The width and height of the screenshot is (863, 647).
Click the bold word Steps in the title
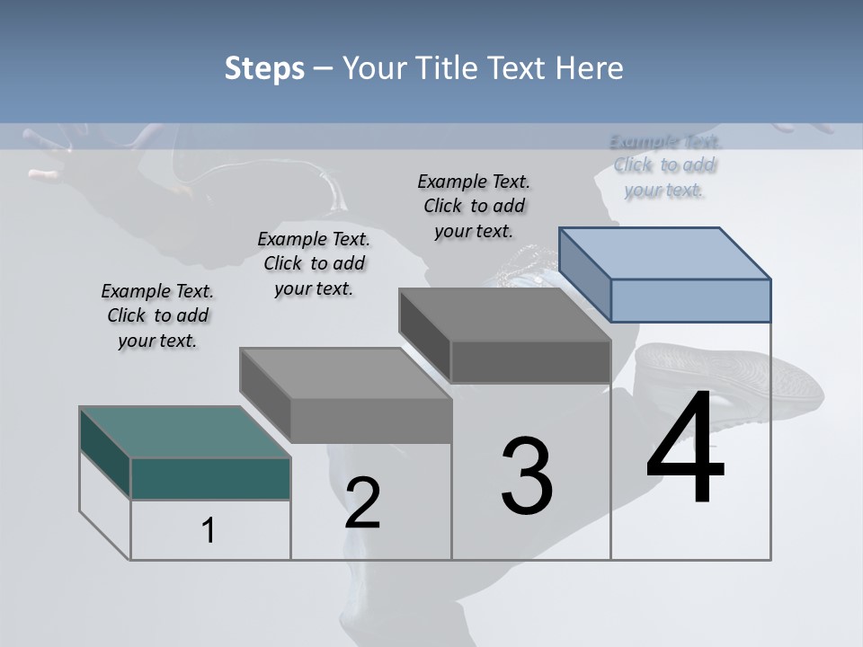click(264, 68)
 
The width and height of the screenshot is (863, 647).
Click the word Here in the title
click(589, 68)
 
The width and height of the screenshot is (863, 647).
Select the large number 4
click(685, 449)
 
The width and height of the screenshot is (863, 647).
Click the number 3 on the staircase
click(527, 476)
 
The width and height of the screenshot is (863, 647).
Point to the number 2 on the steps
click(362, 503)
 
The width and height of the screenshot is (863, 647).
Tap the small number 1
click(209, 531)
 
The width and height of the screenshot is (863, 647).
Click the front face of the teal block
click(210, 478)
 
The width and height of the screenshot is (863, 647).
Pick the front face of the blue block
click(690, 300)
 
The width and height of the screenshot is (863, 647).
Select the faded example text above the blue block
click(665, 165)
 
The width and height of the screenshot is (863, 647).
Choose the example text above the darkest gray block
click(474, 206)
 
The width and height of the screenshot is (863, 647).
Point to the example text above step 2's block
click(314, 263)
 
